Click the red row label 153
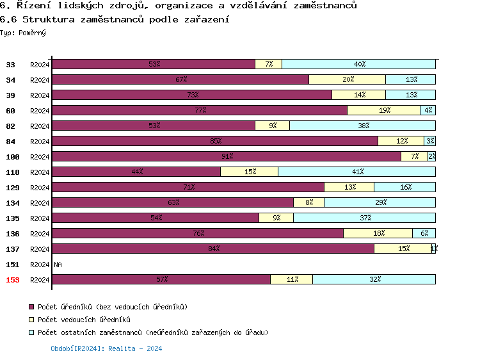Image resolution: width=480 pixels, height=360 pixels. (12, 280)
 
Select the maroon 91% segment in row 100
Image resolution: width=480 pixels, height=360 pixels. (227, 156)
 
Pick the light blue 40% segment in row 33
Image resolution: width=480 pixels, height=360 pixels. (359, 64)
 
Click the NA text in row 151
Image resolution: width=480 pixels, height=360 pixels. (58, 265)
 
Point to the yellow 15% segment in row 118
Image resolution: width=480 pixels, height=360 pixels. (250, 172)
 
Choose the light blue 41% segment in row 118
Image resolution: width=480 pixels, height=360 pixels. (357, 172)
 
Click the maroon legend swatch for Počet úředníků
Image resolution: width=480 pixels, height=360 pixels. (31, 307)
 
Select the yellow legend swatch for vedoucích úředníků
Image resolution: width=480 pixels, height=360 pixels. (31, 320)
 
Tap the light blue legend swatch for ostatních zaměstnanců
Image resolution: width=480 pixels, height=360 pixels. (31, 332)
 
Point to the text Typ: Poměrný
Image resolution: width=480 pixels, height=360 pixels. (23, 33)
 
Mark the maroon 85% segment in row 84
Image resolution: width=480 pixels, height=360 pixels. (215, 141)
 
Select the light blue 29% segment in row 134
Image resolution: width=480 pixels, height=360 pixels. (380, 202)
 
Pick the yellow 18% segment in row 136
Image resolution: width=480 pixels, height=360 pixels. (378, 233)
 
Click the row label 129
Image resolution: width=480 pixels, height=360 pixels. (12, 188)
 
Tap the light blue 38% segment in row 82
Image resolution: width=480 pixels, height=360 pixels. (363, 126)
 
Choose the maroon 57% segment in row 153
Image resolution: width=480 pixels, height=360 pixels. (161, 279)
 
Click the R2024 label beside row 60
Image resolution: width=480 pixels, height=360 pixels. (40, 111)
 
